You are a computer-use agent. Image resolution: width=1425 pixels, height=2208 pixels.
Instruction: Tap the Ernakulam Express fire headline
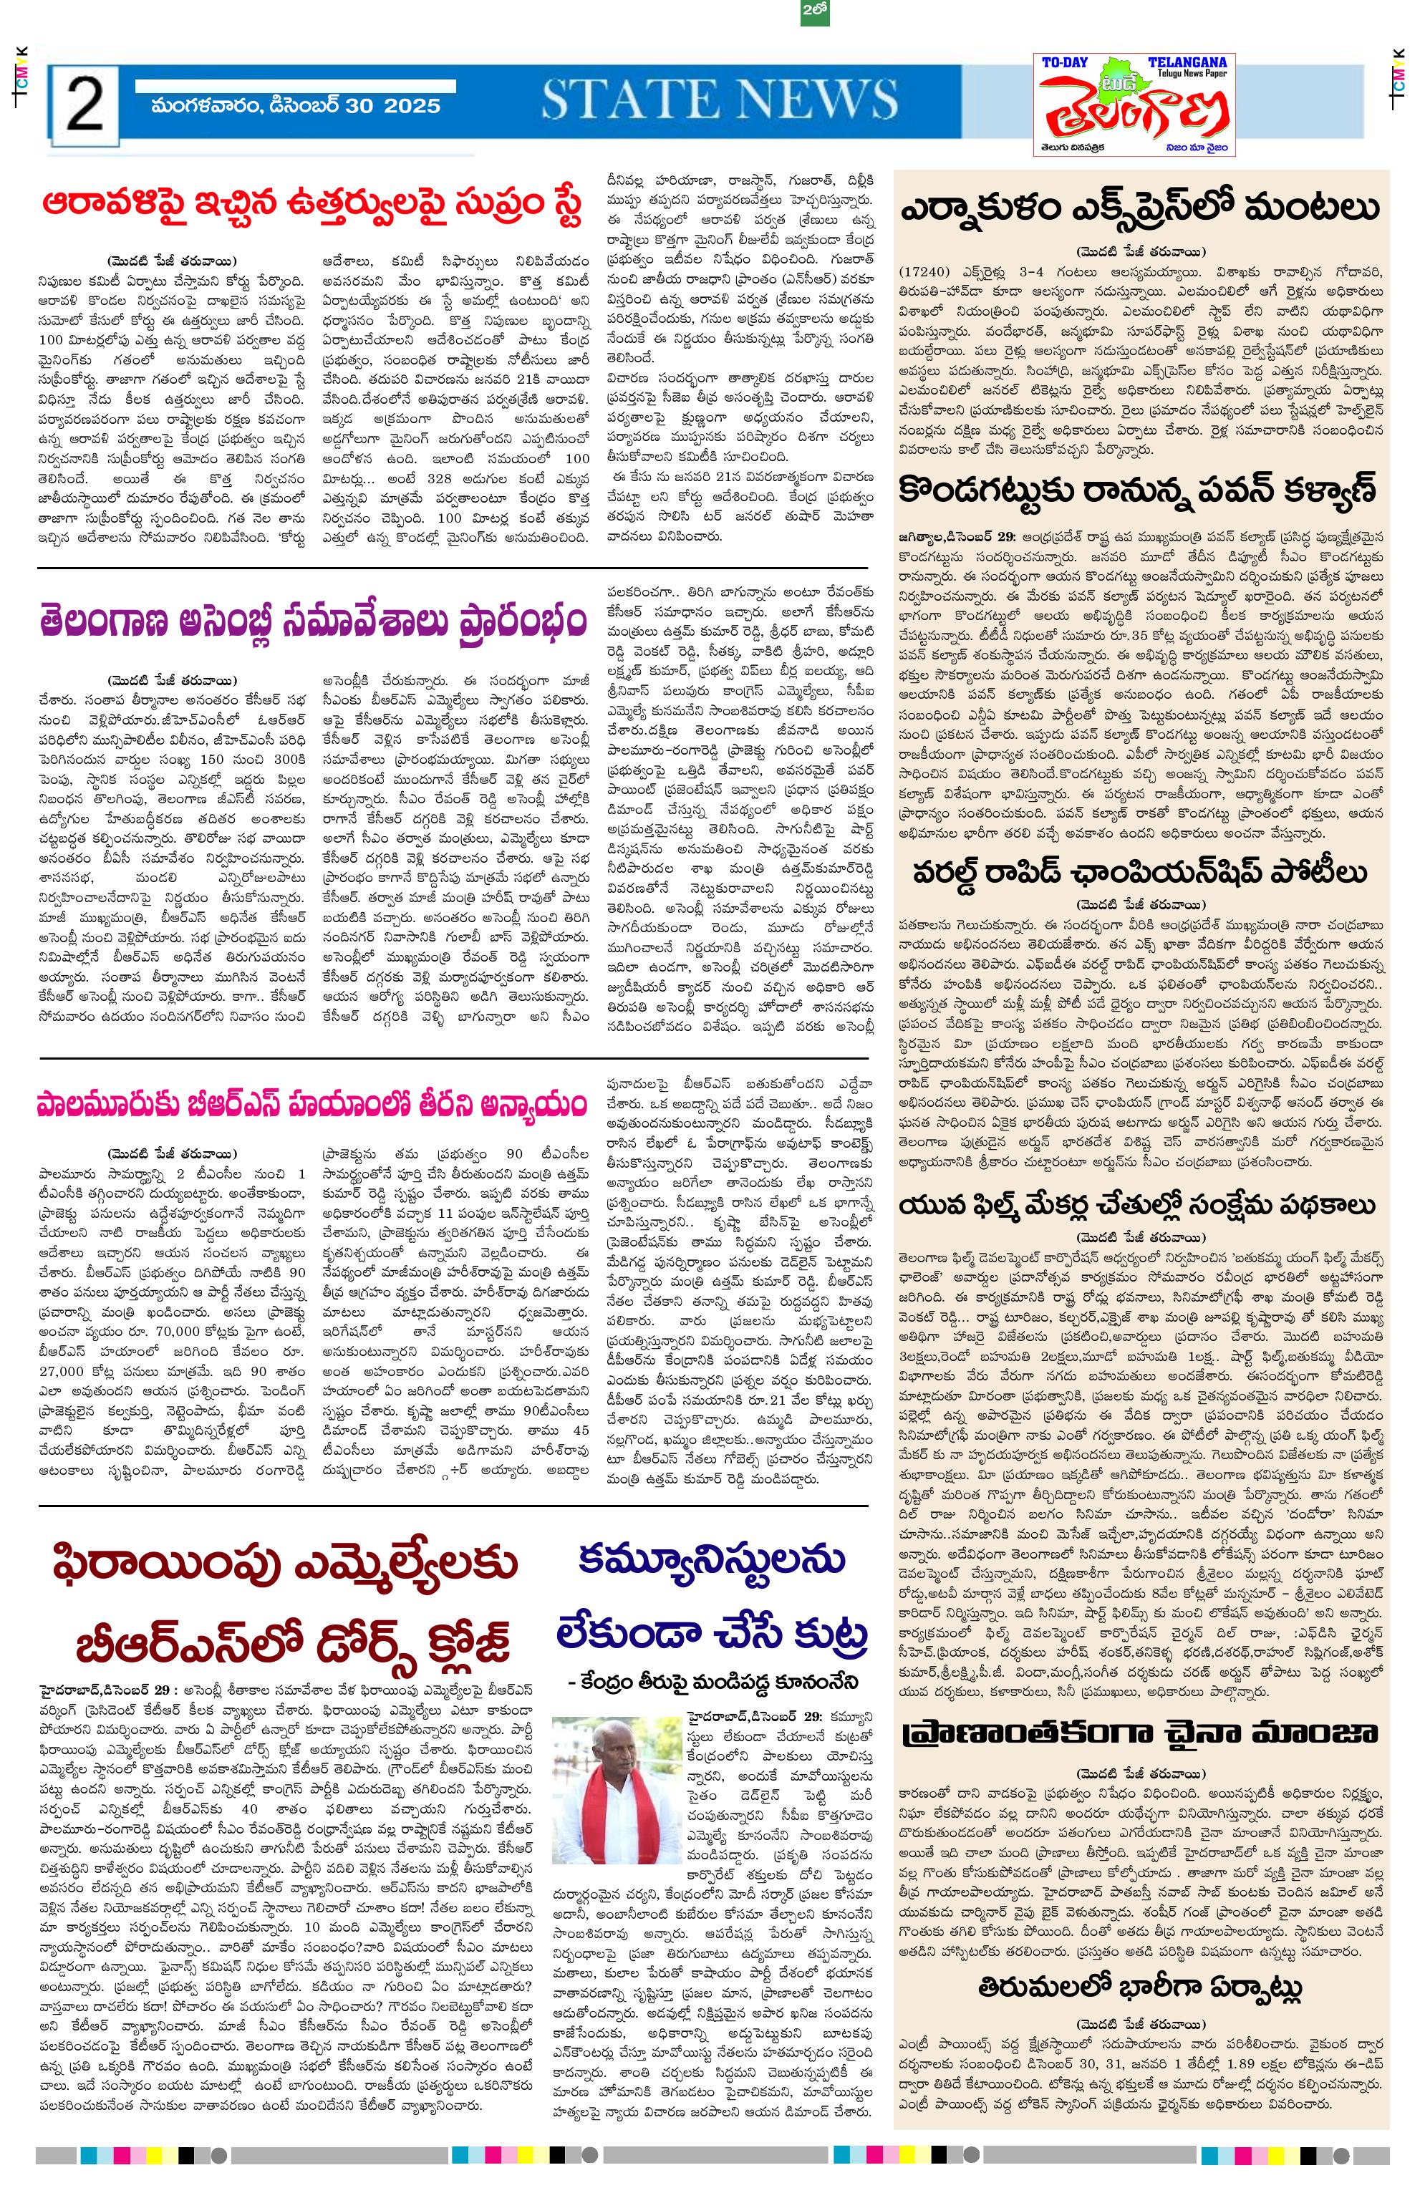(1140, 208)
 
